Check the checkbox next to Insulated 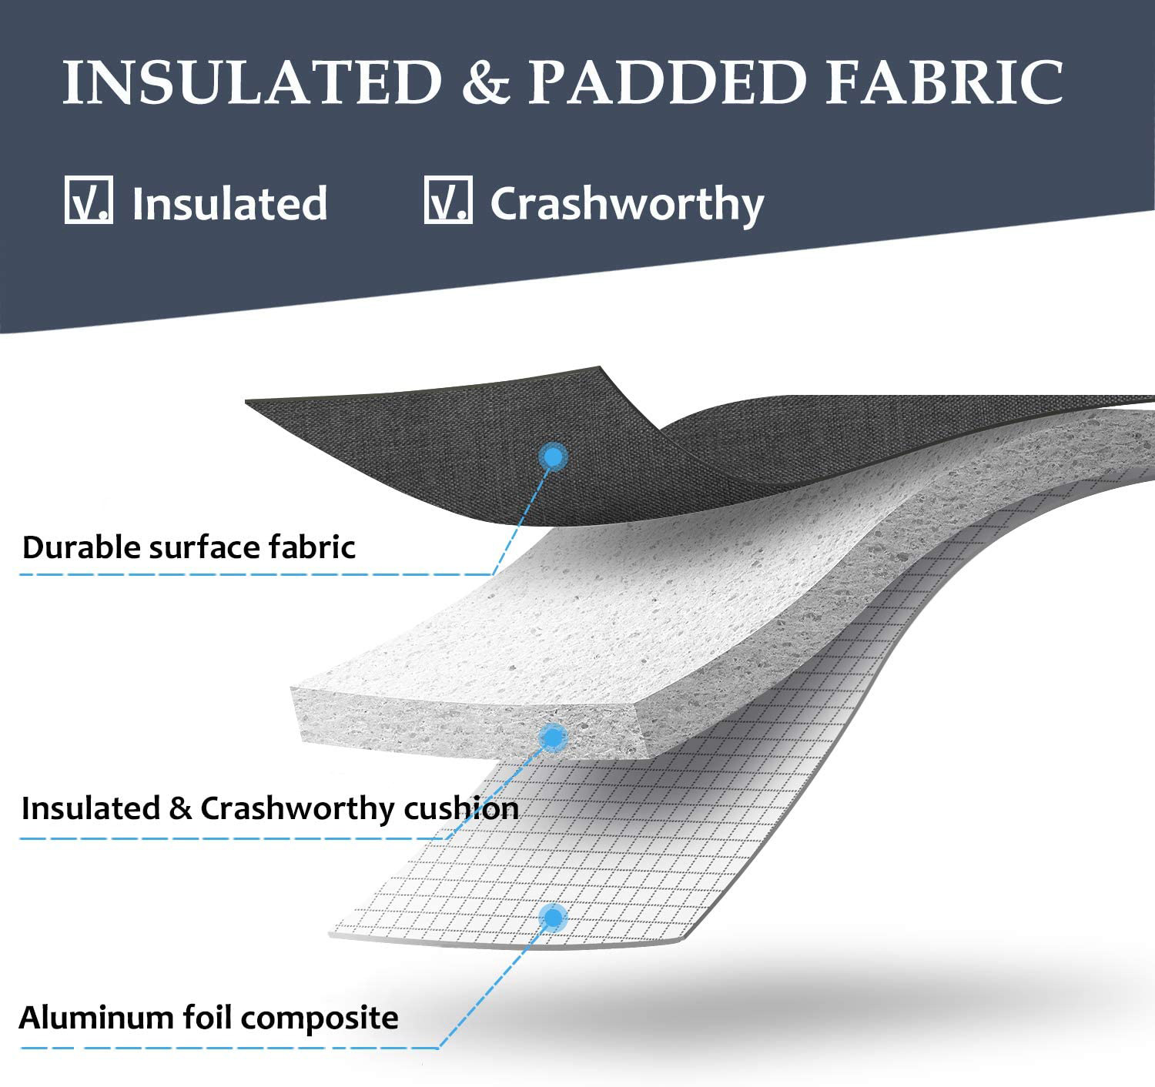tap(89, 201)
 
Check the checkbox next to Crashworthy tap(447, 201)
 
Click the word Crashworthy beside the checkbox tap(627, 205)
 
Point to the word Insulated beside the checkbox tap(229, 203)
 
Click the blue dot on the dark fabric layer tap(553, 457)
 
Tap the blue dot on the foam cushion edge tap(552, 737)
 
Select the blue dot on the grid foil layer tap(553, 917)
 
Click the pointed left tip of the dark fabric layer tap(250, 402)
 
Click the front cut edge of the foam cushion tap(462, 724)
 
